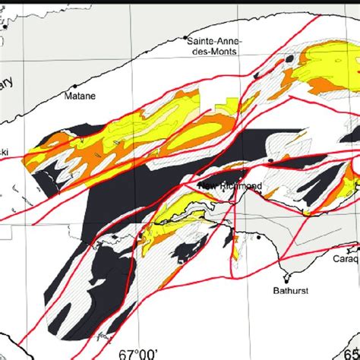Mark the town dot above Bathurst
[x=289, y=274]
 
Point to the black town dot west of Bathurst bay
[x=259, y=238]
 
